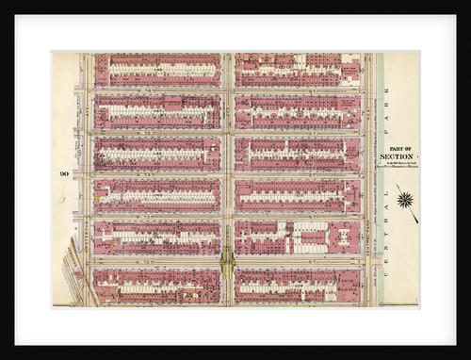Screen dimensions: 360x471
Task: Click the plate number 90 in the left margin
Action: pyautogui.click(x=62, y=172)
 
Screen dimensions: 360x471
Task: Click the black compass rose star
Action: pyautogui.click(x=406, y=200)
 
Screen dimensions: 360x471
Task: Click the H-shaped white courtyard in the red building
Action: pyautogui.click(x=340, y=237)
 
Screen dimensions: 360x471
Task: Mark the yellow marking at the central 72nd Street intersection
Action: pyautogui.click(x=227, y=259)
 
